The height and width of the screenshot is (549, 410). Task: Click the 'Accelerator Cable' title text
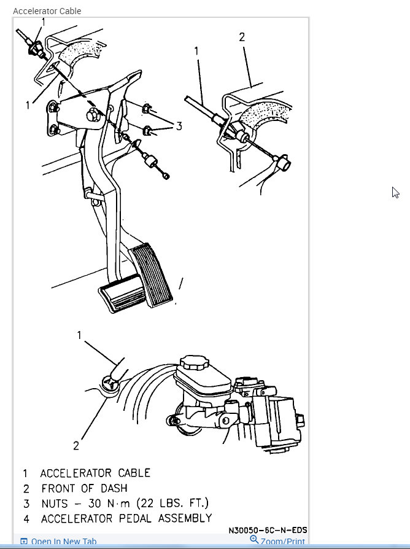(x=47, y=11)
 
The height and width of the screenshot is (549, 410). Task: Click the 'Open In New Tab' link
(x=63, y=542)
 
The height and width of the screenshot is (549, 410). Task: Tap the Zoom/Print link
(x=282, y=542)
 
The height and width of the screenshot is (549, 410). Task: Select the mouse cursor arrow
(x=395, y=192)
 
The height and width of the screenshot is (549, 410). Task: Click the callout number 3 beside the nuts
(x=179, y=126)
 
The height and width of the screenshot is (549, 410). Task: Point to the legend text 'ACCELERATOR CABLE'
(x=95, y=473)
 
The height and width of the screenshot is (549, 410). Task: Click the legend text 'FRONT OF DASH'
(x=84, y=489)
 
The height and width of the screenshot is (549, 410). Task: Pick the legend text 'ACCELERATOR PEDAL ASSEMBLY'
(x=126, y=519)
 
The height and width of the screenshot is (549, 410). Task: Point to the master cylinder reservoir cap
(x=193, y=362)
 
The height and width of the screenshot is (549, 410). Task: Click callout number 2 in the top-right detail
(x=242, y=37)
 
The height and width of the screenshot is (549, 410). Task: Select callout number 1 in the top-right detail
(x=197, y=51)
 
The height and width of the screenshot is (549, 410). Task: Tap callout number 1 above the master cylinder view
(x=79, y=335)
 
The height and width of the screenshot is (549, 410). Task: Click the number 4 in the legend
(x=26, y=519)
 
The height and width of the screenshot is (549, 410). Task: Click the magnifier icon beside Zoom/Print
(x=254, y=540)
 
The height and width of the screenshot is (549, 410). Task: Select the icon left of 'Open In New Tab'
(x=24, y=542)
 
